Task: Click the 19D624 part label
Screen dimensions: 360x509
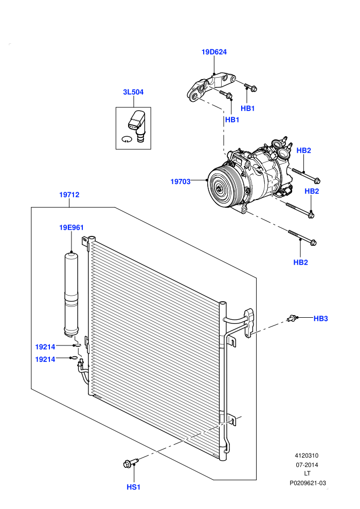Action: pos(214,52)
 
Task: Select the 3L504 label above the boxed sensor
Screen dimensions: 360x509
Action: pos(133,92)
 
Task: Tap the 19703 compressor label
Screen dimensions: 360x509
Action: pos(181,182)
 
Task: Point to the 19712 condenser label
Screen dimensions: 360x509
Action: pos(69,195)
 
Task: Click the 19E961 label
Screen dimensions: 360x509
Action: pos(71,228)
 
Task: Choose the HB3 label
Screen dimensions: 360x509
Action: pos(321,319)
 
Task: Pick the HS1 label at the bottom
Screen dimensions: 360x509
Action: pos(133,487)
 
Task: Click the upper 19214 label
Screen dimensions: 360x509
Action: pos(45,347)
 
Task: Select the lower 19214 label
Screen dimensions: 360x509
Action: pos(45,359)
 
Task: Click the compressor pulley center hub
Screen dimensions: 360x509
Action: pos(220,188)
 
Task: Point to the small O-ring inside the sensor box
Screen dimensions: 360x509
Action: pos(127,139)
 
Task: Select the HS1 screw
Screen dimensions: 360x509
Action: pos(131,463)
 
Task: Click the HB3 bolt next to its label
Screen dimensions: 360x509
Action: pos(293,318)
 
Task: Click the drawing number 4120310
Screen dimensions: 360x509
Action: pos(307,456)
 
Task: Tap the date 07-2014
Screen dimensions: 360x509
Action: pos(307,465)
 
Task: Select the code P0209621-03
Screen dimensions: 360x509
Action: pos(308,483)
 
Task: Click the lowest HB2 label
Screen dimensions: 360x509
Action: pos(300,263)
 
